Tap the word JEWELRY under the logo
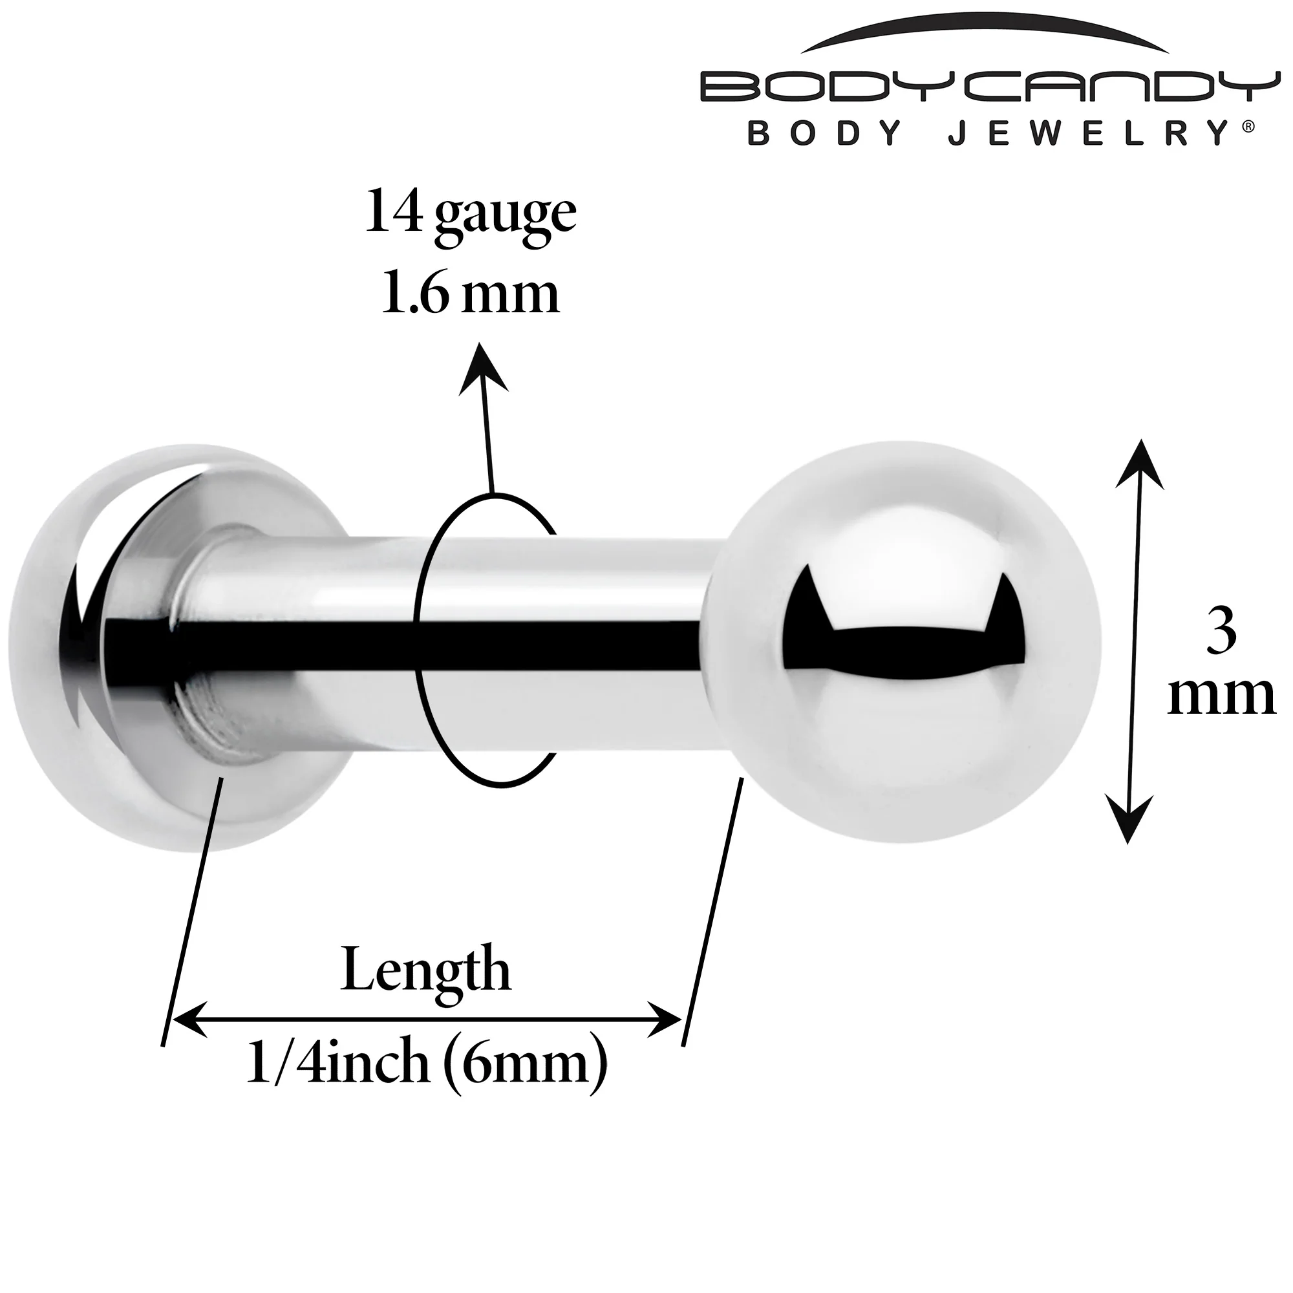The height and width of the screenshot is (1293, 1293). coord(1089,133)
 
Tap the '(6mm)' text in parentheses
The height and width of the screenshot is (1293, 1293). coord(526,1064)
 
